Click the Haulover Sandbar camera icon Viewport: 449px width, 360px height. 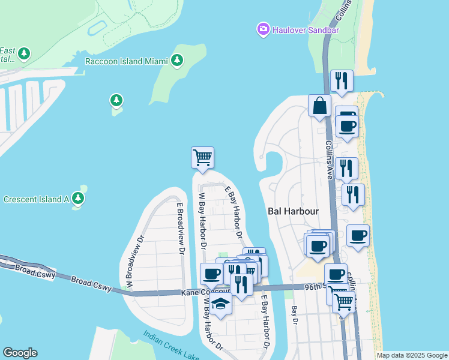click(263, 29)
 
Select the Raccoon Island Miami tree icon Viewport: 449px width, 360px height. click(176, 60)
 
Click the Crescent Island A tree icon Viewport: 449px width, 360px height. click(77, 198)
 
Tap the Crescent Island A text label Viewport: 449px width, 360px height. click(36, 199)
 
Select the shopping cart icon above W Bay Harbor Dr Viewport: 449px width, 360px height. click(203, 157)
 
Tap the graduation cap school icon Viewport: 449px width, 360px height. click(221, 303)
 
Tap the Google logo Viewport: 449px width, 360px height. click(20, 353)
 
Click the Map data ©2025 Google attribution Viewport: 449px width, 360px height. click(412, 355)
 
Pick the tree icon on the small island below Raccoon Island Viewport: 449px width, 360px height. click(116, 100)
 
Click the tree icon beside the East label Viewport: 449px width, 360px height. click(24, 54)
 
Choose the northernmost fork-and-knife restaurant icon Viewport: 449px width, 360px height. click(342, 80)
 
